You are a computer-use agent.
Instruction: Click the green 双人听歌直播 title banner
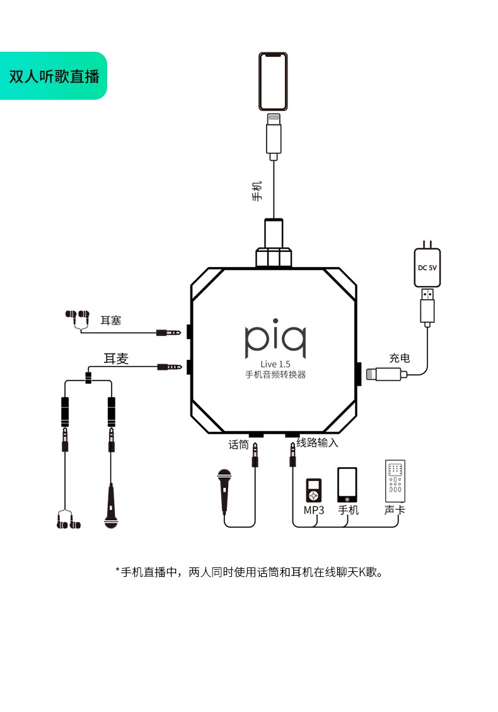[x=53, y=76]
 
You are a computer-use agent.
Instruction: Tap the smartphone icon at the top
[x=273, y=81]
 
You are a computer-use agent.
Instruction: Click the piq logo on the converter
[x=275, y=338]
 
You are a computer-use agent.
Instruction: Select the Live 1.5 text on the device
[x=275, y=364]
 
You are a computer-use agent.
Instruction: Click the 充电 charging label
[x=400, y=359]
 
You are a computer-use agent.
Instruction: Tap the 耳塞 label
[x=111, y=321]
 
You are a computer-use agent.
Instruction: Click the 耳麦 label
[x=116, y=359]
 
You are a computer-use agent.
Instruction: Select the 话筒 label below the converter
[x=238, y=444]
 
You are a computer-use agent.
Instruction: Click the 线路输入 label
[x=318, y=442]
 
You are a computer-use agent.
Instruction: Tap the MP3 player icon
[x=313, y=490]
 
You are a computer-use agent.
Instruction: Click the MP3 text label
[x=314, y=510]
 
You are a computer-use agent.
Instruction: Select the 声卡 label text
[x=395, y=510]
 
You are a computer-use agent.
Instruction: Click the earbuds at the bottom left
[x=69, y=520]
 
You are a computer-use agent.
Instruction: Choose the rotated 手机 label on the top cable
[x=257, y=191]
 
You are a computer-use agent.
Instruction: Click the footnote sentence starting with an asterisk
[x=249, y=572]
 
